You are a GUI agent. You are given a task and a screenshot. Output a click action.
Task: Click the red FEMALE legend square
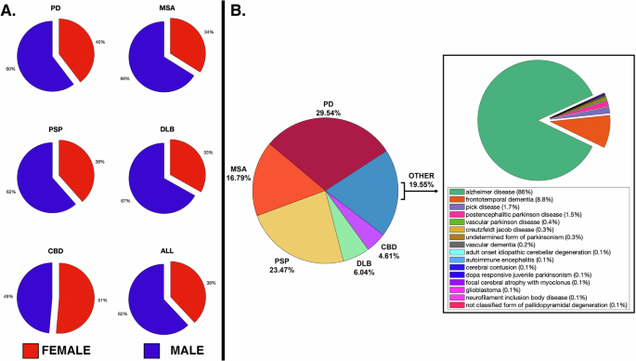click(32, 349)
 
